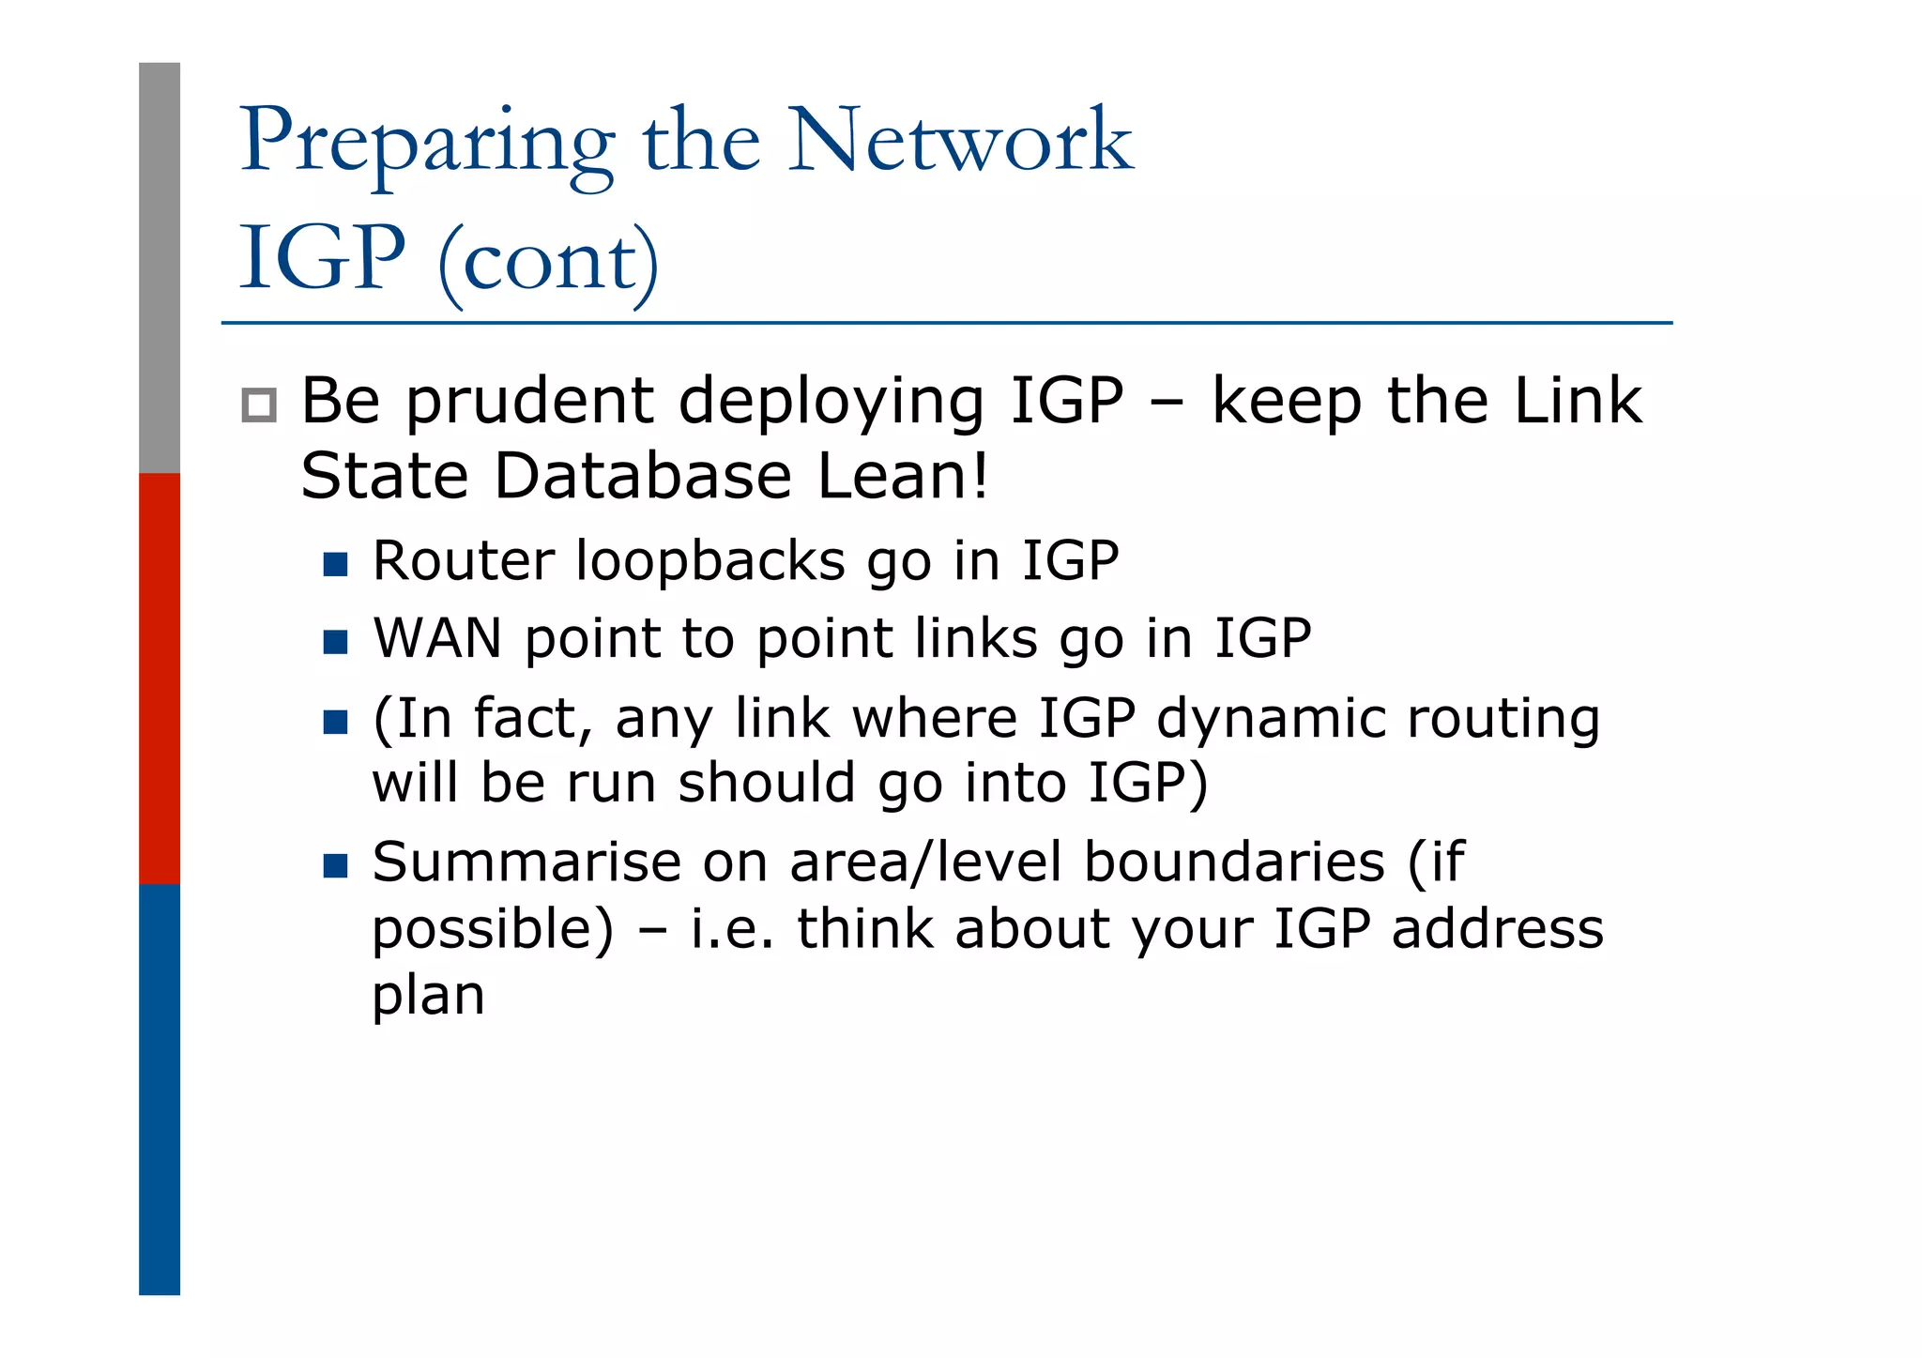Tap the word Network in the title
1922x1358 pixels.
pos(960,141)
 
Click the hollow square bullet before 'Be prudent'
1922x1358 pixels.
pos(259,404)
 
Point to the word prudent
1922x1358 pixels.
pos(529,402)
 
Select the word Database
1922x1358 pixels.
pos(643,476)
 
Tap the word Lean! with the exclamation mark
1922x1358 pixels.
pos(903,476)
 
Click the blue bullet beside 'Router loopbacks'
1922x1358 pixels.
pos(335,564)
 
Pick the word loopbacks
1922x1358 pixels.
pos(709,561)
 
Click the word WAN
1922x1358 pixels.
pos(437,639)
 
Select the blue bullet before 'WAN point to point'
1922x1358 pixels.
pos(335,642)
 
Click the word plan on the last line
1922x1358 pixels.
pos(428,997)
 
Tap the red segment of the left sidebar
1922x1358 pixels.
pos(160,678)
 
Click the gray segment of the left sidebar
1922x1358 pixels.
pos(160,267)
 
